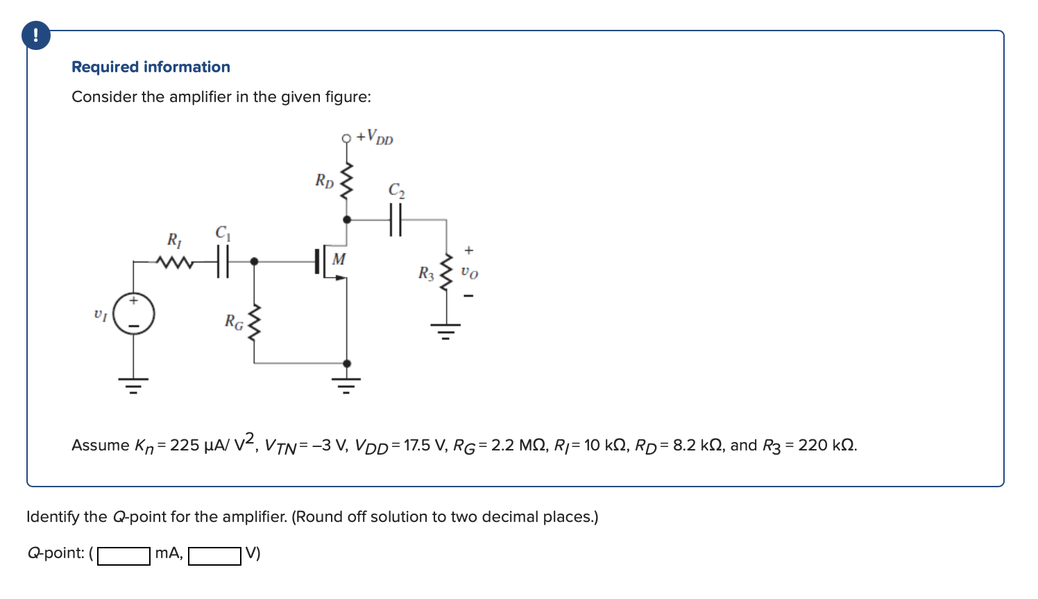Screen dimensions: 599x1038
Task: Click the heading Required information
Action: [x=151, y=67]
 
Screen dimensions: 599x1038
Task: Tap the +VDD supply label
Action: [x=375, y=137]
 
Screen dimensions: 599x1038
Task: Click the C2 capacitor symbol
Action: [x=395, y=219]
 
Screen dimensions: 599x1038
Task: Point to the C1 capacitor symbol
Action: [x=222, y=262]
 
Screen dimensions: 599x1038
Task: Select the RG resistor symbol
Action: [x=254, y=323]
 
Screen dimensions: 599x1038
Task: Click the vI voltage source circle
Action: [x=134, y=314]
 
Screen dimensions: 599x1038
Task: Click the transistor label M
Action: [x=339, y=260]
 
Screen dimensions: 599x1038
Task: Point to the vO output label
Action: [x=470, y=273]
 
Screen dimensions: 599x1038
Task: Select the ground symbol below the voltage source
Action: [x=134, y=384]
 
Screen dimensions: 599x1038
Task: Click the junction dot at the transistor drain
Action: [x=347, y=219]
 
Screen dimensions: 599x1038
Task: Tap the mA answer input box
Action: [x=124, y=556]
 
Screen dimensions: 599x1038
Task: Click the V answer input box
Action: [x=214, y=556]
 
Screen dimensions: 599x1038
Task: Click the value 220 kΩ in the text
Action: [x=827, y=446]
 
